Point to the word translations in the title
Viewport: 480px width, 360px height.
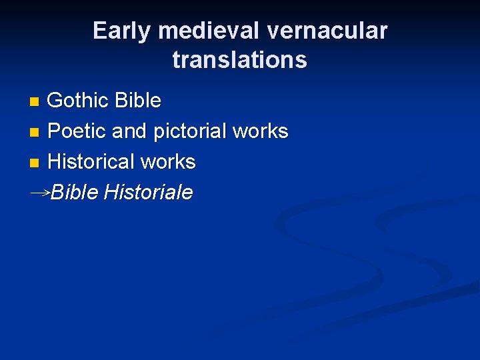(x=240, y=60)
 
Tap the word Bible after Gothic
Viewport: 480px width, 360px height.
(x=138, y=101)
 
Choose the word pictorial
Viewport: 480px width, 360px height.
(x=190, y=131)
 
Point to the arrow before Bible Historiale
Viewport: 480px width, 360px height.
(x=40, y=192)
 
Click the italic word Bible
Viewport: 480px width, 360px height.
(x=75, y=193)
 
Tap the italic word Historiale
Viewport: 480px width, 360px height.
(x=149, y=193)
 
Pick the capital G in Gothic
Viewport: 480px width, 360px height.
(x=55, y=101)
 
